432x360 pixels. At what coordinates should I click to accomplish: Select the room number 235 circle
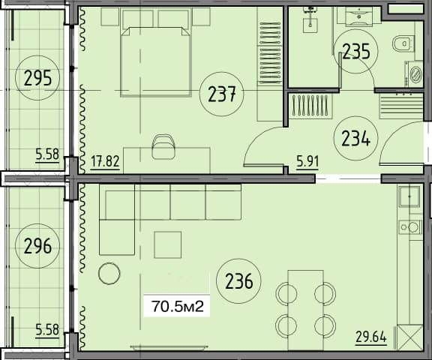(355, 50)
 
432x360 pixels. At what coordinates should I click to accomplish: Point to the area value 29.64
(370, 337)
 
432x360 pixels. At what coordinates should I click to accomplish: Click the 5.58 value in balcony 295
(46, 156)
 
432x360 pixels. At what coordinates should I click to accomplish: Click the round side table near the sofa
(109, 273)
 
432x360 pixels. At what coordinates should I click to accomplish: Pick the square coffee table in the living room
(168, 244)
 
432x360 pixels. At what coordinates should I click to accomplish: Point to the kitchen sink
(409, 197)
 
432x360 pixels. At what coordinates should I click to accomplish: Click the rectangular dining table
(304, 307)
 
